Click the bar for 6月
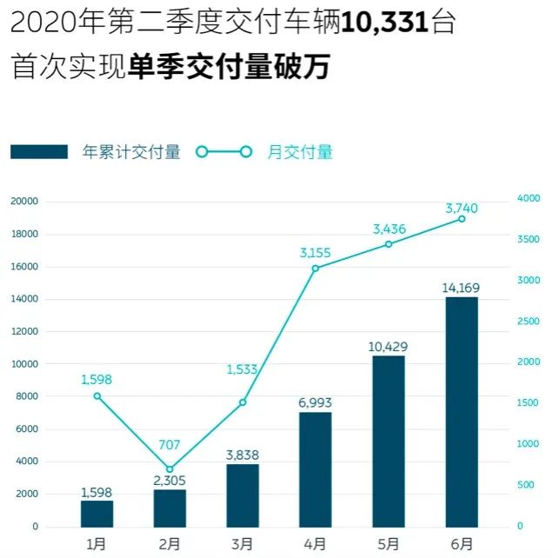(461, 412)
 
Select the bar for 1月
(96, 514)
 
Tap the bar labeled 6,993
(316, 469)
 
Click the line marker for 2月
(170, 469)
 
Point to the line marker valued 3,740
(462, 219)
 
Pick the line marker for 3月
(243, 402)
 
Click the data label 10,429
(388, 346)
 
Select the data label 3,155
(316, 253)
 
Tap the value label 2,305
(170, 480)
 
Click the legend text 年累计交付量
(131, 152)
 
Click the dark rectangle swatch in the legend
(39, 152)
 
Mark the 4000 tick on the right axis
(529, 199)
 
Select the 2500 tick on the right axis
(529, 322)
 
